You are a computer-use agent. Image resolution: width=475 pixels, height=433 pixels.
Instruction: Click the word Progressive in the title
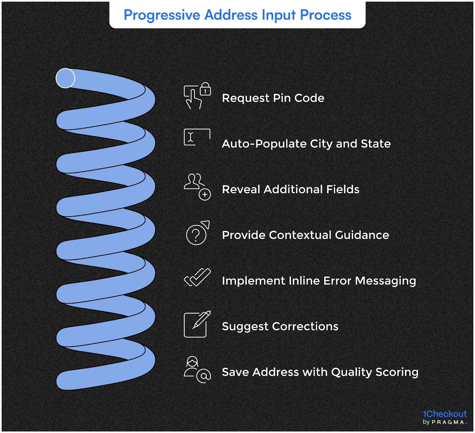point(162,15)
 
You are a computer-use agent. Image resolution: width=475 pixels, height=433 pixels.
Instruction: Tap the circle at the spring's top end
point(65,78)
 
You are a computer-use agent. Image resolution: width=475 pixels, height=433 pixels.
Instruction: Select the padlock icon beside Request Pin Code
point(205,89)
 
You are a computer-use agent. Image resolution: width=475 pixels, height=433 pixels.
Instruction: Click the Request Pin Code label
point(273,98)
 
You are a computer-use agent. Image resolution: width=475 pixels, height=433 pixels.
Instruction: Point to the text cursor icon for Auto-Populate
point(191,137)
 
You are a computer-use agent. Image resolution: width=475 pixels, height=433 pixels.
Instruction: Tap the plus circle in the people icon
point(205,195)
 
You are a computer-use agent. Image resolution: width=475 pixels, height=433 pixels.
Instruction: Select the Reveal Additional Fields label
point(291,189)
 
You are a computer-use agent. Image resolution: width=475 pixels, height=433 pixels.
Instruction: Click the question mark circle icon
point(196,235)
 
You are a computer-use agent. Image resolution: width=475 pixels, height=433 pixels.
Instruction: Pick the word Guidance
point(362,235)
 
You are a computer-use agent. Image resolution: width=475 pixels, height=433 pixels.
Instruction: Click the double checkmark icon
point(197,277)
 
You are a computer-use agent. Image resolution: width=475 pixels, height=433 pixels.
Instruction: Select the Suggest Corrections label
point(280,327)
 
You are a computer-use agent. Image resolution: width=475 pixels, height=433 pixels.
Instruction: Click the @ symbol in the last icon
point(204,376)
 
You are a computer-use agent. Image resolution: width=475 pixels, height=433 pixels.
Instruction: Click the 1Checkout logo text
point(444,414)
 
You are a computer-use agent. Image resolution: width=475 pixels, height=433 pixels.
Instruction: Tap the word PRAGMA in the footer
point(448,422)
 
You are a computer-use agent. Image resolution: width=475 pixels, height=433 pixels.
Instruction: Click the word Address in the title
point(231,15)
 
